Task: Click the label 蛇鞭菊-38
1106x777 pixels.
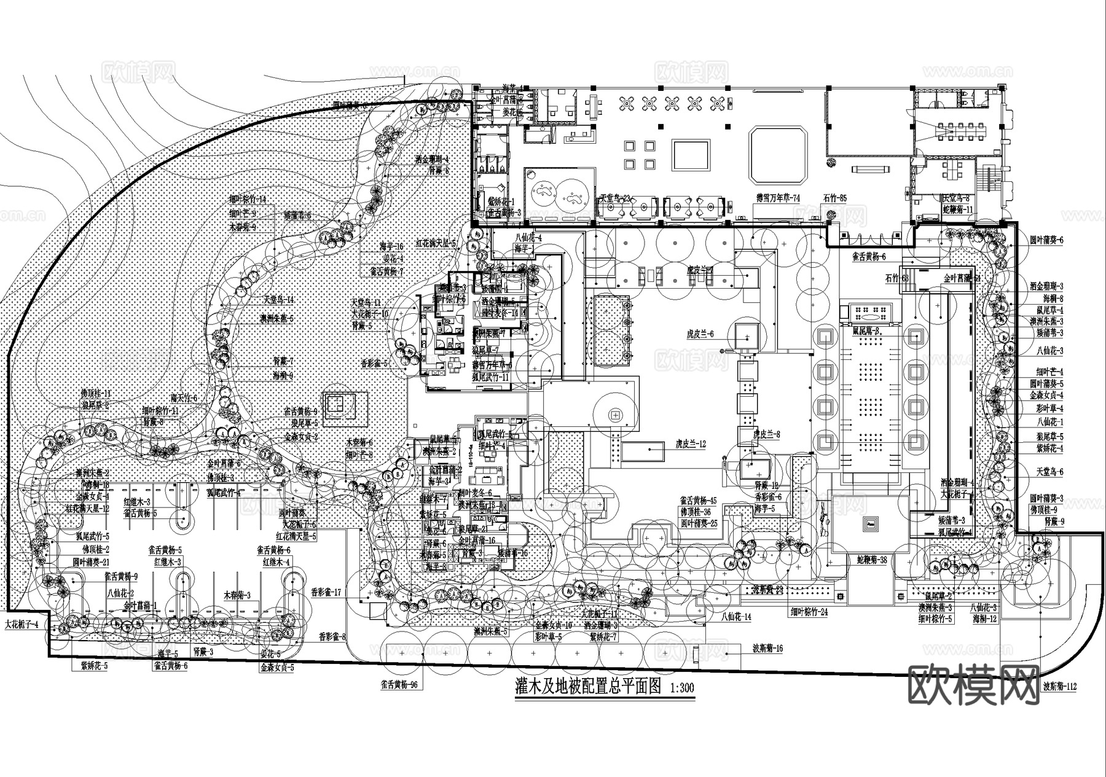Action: (x=872, y=561)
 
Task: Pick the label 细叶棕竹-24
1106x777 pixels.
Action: (x=809, y=612)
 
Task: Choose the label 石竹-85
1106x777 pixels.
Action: (x=835, y=199)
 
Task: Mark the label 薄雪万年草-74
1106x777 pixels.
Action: (x=778, y=199)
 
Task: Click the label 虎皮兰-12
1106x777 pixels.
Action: (x=691, y=443)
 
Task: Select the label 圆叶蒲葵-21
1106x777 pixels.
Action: (x=91, y=562)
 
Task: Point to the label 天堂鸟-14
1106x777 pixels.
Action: (x=279, y=300)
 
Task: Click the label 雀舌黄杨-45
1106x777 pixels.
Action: (x=699, y=501)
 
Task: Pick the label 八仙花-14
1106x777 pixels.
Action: (x=735, y=616)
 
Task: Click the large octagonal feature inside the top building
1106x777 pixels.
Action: (x=778, y=154)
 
